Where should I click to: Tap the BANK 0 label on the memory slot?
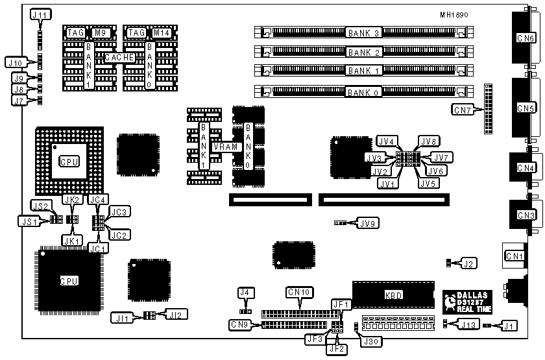pos(363,93)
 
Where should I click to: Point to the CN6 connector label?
pos(526,38)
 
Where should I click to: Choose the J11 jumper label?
pos(40,14)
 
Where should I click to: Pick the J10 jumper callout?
pos(15,62)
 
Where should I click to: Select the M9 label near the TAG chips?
pos(99,32)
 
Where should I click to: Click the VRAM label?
pos(229,147)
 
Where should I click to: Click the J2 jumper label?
pos(468,263)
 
